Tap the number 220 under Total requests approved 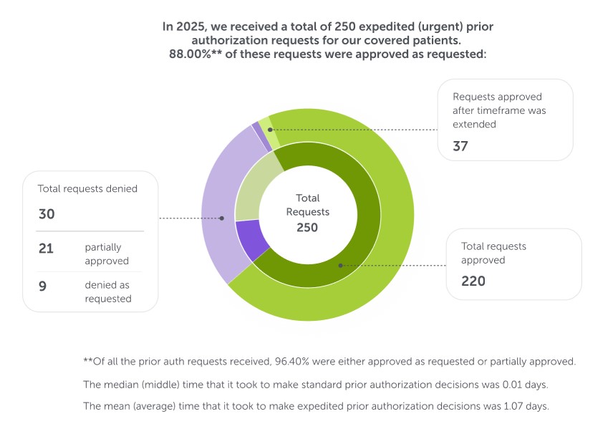pyautogui.click(x=473, y=281)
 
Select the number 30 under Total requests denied pyautogui.click(x=47, y=213)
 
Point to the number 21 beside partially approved pyautogui.click(x=47, y=248)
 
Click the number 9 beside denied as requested pyautogui.click(x=43, y=284)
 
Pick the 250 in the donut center pyautogui.click(x=307, y=227)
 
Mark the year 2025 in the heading pyautogui.click(x=191, y=26)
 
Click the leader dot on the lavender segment pyautogui.click(x=222, y=218)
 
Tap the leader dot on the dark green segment pyautogui.click(x=341, y=265)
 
